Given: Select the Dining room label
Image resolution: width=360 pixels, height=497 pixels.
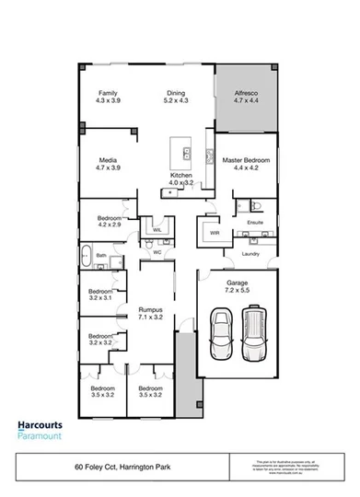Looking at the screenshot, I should [176, 97].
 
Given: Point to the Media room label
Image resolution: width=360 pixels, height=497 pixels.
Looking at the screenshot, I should [109, 164].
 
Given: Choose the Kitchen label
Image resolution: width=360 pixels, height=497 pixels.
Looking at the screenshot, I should [180, 179].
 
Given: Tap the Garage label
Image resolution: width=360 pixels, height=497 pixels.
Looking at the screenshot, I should [238, 286].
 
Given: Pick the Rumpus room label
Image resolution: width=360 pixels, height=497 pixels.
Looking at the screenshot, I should [150, 314].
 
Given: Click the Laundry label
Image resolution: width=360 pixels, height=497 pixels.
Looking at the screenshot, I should [250, 253].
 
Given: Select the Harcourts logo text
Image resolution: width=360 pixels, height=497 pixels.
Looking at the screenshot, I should [41, 425].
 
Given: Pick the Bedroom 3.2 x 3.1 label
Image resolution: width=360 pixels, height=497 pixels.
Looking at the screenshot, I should [99, 295].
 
